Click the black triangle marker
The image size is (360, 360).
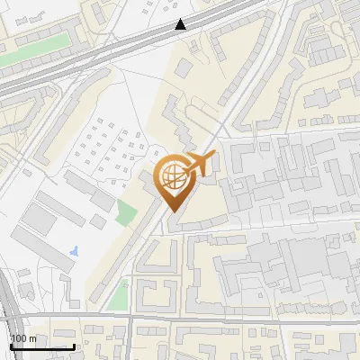pos(182,24)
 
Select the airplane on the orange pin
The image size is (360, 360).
pos(202,165)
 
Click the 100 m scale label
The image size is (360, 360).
pos(23,338)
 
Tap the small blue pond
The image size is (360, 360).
pos(75,248)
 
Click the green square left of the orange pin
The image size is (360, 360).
pos(127,214)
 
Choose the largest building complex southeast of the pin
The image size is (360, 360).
pos(288,270)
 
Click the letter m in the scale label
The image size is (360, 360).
pos(31,338)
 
